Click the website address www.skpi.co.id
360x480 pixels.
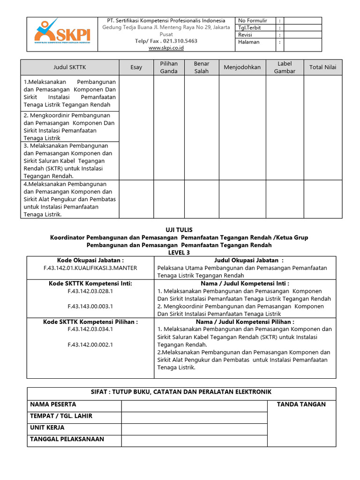pyautogui.click(x=166, y=48)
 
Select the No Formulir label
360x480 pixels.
pyautogui.click(x=253, y=21)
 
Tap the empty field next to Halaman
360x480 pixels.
pyautogui.click(x=303, y=42)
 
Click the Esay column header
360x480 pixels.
pyautogui.click(x=136, y=67)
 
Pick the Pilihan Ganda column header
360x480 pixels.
pyautogui.click(x=169, y=67)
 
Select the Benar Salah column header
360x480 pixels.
pyautogui.click(x=202, y=67)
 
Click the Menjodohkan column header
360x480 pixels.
pyautogui.click(x=242, y=67)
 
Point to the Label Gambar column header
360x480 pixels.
pyautogui.click(x=285, y=67)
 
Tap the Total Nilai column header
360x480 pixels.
pyautogui.click(x=323, y=67)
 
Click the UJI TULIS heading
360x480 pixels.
pyautogui.click(x=179, y=230)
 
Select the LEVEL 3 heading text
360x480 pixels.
pyautogui.click(x=179, y=253)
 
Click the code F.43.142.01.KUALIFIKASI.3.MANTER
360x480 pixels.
pyautogui.click(x=90, y=268)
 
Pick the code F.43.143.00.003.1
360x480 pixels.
pyautogui.click(x=90, y=306)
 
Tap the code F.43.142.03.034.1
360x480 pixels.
pyautogui.click(x=90, y=329)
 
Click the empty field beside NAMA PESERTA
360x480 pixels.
pyautogui.click(x=194, y=405)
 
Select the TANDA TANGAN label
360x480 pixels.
pyautogui.click(x=301, y=405)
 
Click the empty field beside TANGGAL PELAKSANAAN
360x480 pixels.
pyautogui.click(x=194, y=440)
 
